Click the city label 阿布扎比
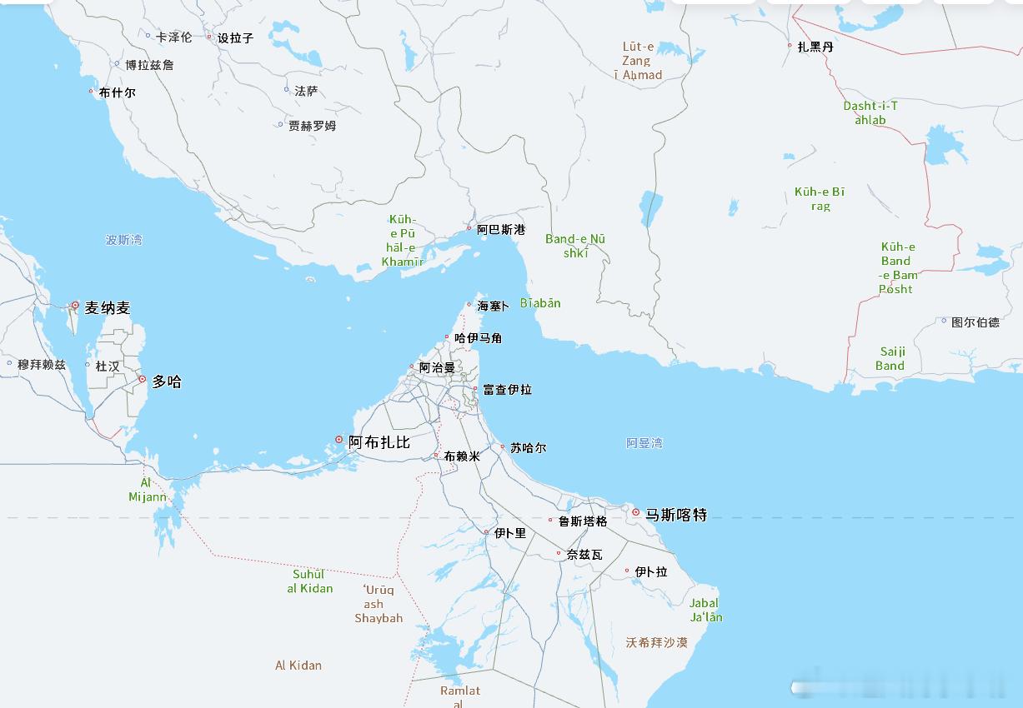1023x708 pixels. click(x=379, y=442)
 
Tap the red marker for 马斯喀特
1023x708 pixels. click(x=636, y=512)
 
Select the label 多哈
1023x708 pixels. click(x=167, y=382)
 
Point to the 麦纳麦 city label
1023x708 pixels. click(x=108, y=308)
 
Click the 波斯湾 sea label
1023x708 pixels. click(x=123, y=240)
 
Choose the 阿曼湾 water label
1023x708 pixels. click(x=644, y=443)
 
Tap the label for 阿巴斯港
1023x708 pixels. click(x=501, y=229)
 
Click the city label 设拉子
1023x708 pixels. click(x=235, y=38)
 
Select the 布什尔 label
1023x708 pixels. click(x=117, y=92)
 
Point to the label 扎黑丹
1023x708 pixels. click(x=815, y=47)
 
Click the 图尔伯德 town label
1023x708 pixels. click(x=975, y=322)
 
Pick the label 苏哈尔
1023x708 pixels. click(x=529, y=448)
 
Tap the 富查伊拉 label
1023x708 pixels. click(x=507, y=390)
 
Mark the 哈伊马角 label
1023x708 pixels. click(x=479, y=338)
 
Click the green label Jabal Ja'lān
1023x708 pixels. click(x=705, y=611)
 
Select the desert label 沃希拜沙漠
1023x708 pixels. click(x=657, y=643)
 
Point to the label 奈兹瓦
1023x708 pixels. click(x=584, y=555)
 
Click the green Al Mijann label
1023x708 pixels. click(x=148, y=490)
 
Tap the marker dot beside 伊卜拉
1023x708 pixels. click(x=627, y=571)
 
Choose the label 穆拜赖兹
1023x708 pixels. click(x=42, y=365)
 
